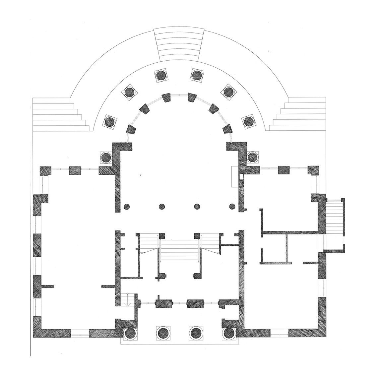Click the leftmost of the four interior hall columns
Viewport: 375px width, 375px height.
tap(126, 207)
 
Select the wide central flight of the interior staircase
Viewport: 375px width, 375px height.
tap(179, 251)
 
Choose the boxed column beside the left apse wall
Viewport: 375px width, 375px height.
tap(106, 156)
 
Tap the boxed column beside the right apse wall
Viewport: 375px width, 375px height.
tap(252, 156)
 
